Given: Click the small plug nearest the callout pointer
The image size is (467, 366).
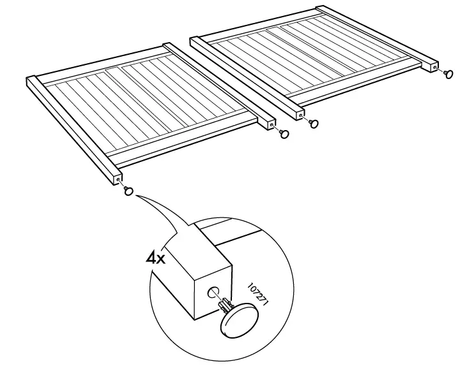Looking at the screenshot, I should click(x=128, y=191).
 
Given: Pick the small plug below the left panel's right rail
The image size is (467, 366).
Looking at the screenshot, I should click(x=284, y=134).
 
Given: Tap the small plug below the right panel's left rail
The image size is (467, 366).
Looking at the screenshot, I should click(x=313, y=123).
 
